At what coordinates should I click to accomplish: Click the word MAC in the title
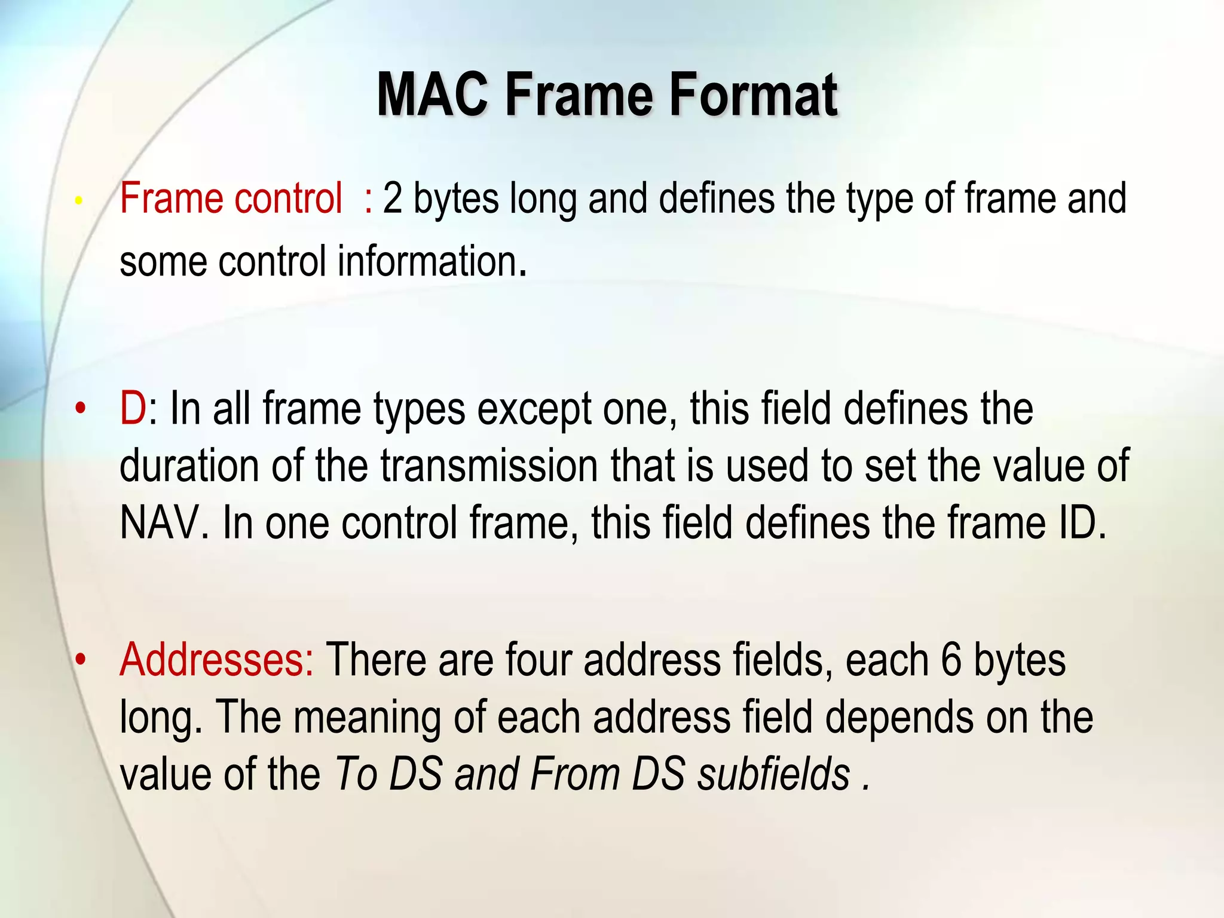pos(432,95)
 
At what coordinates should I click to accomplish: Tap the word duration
pos(189,466)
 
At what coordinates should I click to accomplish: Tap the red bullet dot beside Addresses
pos(81,660)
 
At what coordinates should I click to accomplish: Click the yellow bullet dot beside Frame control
pos(78,201)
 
